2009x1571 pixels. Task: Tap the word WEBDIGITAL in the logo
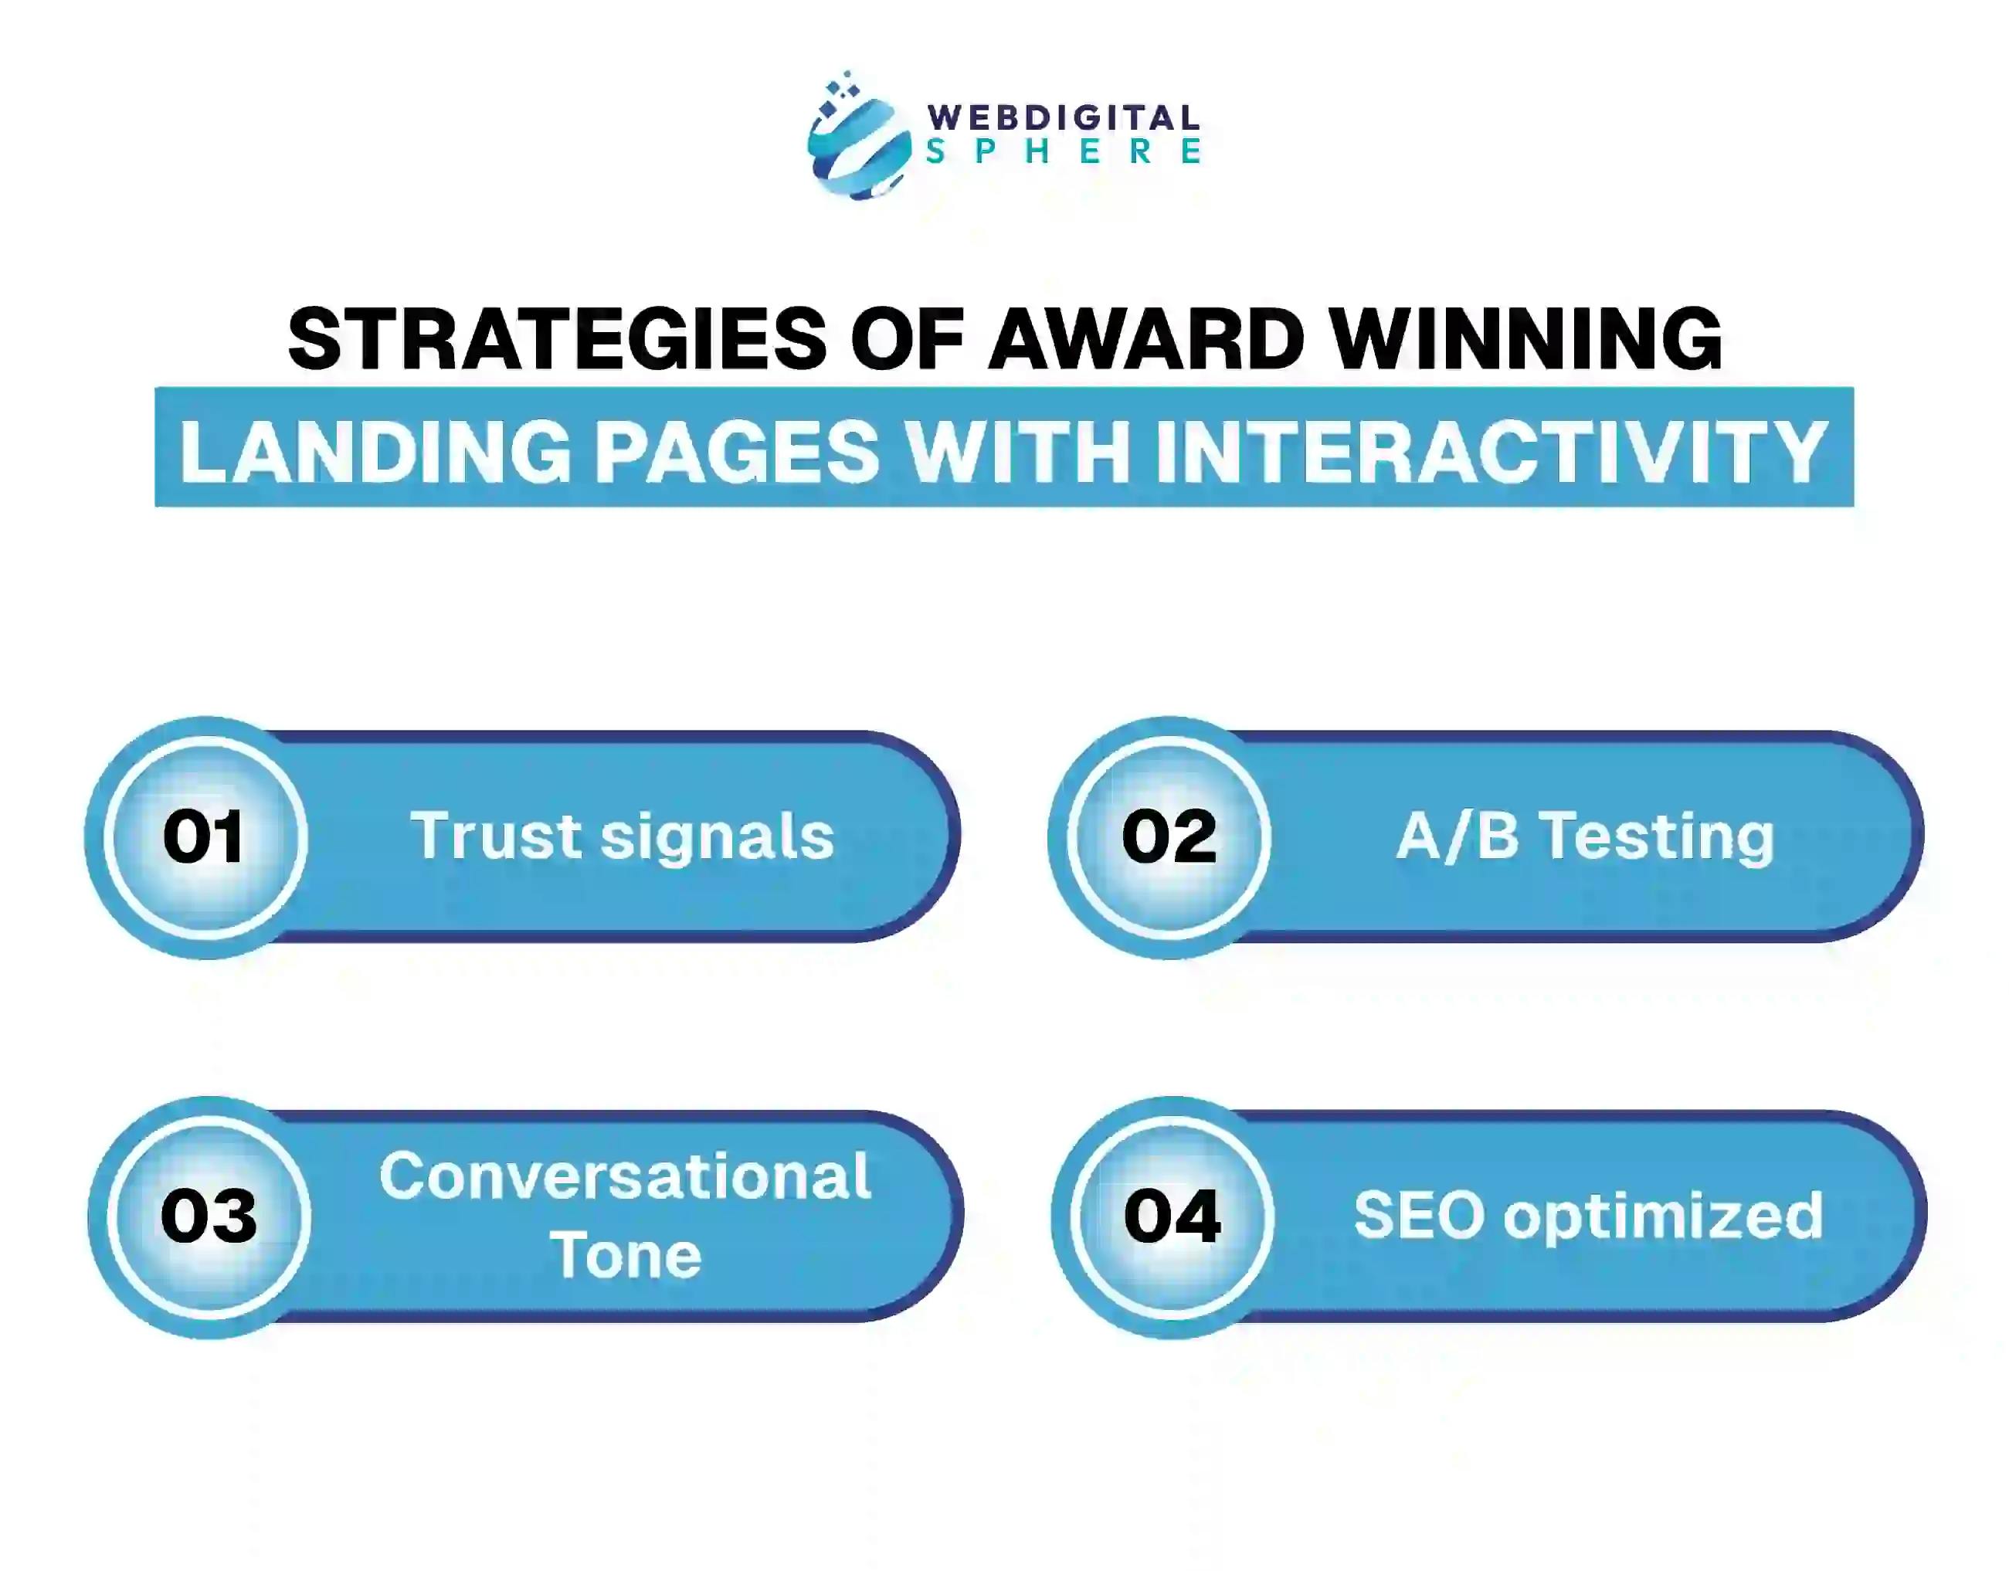pos(1063,117)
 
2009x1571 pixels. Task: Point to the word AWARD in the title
pos(1145,339)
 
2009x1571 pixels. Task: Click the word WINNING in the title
pos(1526,339)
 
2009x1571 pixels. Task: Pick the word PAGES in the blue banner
pos(737,451)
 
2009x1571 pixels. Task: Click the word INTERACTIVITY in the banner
pos(1490,451)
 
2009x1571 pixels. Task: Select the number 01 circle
pos(205,837)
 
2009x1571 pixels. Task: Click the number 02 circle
pos(1169,837)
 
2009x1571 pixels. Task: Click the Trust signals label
pos(623,837)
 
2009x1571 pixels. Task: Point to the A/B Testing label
pos(1585,837)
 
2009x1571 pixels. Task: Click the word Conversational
pos(625,1176)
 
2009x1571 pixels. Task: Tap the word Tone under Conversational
pos(626,1256)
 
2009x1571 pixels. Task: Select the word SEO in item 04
pos(1417,1216)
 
